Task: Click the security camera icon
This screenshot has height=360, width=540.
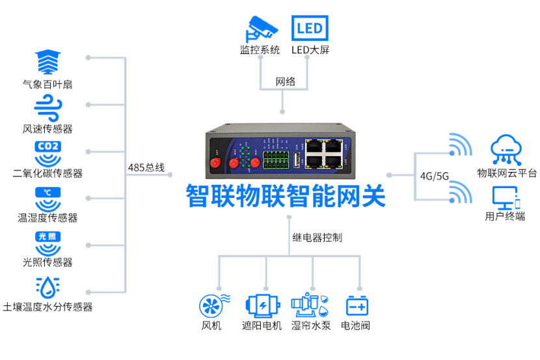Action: point(260,29)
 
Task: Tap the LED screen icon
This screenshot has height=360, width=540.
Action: point(309,29)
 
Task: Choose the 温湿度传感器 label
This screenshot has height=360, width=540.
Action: point(47,217)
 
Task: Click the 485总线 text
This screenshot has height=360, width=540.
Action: point(146,168)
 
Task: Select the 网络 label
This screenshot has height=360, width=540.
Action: point(285,81)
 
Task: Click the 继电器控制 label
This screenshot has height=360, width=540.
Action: point(316,238)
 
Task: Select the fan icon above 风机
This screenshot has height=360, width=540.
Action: point(213,305)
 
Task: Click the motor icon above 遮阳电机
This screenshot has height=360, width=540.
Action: point(262,305)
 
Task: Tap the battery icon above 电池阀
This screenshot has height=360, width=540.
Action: point(357,305)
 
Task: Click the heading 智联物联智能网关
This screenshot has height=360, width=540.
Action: point(285,195)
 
